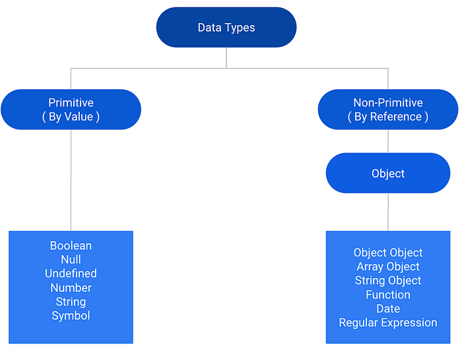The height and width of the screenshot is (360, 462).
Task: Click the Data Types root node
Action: point(226,28)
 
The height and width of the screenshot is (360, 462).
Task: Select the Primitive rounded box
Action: point(71,110)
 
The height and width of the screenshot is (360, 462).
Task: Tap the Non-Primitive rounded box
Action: point(387,110)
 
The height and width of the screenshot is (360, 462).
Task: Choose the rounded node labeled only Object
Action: point(387,173)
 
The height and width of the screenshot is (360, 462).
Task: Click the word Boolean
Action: point(71,246)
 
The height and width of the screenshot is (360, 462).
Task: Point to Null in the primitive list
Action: point(71,260)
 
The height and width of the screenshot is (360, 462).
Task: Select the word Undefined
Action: point(71,273)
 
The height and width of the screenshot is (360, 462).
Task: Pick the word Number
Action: point(71,288)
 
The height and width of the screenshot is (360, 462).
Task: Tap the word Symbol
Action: point(71,316)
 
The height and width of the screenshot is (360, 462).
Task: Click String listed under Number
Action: point(71,302)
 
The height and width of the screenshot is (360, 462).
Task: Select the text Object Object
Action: point(387,252)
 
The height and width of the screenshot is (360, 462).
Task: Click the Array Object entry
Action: point(387,267)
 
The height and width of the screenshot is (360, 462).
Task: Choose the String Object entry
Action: point(387,281)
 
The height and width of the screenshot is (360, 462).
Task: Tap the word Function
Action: point(387,295)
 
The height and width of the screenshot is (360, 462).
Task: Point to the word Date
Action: point(387,308)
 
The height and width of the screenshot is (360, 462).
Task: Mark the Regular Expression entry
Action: point(387,323)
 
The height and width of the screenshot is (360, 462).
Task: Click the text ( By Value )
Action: point(71,117)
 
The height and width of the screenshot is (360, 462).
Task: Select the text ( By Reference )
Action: point(387,117)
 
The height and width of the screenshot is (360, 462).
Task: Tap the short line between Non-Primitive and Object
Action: point(387,141)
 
